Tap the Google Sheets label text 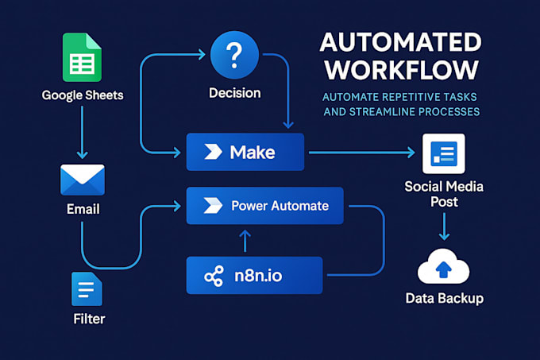[x=81, y=96]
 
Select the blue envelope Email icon [x=83, y=180]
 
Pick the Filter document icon [x=83, y=290]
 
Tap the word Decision [x=234, y=93]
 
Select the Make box [x=245, y=152]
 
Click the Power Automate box [x=264, y=206]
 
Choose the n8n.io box [x=254, y=276]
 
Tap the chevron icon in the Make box [x=211, y=152]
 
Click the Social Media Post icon [x=445, y=155]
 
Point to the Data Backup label [x=445, y=299]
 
